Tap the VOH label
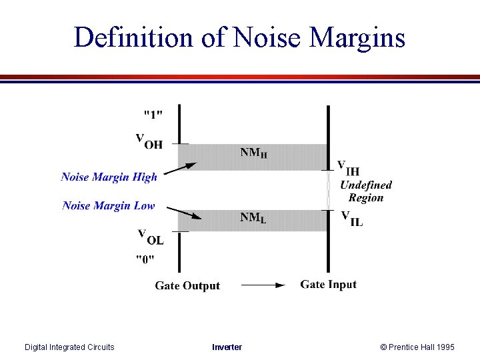(149, 141)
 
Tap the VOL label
(150, 237)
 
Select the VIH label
(349, 167)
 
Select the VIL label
(352, 218)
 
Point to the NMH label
(254, 153)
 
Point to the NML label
(253, 217)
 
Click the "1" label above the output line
(153, 114)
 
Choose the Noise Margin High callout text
(109, 177)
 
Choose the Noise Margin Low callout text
(109, 205)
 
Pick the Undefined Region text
(366, 191)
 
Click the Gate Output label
(187, 285)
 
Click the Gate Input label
(328, 285)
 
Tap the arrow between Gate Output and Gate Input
(262, 285)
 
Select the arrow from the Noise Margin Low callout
(183, 213)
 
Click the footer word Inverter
(227, 347)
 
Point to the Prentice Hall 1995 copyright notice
(417, 347)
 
